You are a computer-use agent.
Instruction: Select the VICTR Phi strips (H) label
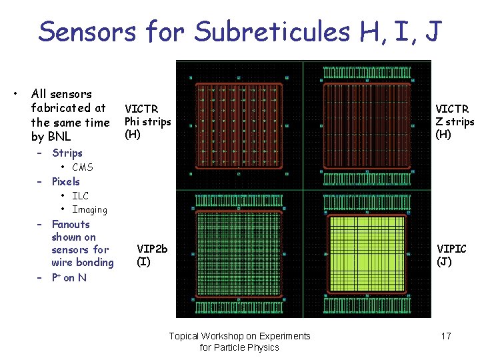pos(147,121)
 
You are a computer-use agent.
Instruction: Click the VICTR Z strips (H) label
pos(455,121)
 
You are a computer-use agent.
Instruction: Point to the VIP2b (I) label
pos(152,255)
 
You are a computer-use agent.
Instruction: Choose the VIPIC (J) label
pos(451,255)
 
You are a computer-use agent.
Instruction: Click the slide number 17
pos(446,336)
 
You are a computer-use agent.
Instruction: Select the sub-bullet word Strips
pos(67,153)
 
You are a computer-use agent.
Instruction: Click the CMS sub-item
pos(83,167)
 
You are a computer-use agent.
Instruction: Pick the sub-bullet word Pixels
pos(65,181)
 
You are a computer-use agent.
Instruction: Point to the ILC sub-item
pos(80,196)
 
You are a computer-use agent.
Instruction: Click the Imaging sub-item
pos(89,209)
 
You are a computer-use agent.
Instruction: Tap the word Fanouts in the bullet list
pos(70,225)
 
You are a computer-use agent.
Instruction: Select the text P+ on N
pos(69,277)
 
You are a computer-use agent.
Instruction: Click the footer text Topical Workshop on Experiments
pos(239,336)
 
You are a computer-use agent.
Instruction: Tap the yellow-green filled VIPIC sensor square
pos(367,253)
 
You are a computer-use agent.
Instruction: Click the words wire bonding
pos(83,263)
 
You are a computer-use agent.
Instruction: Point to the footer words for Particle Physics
pos(239,347)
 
